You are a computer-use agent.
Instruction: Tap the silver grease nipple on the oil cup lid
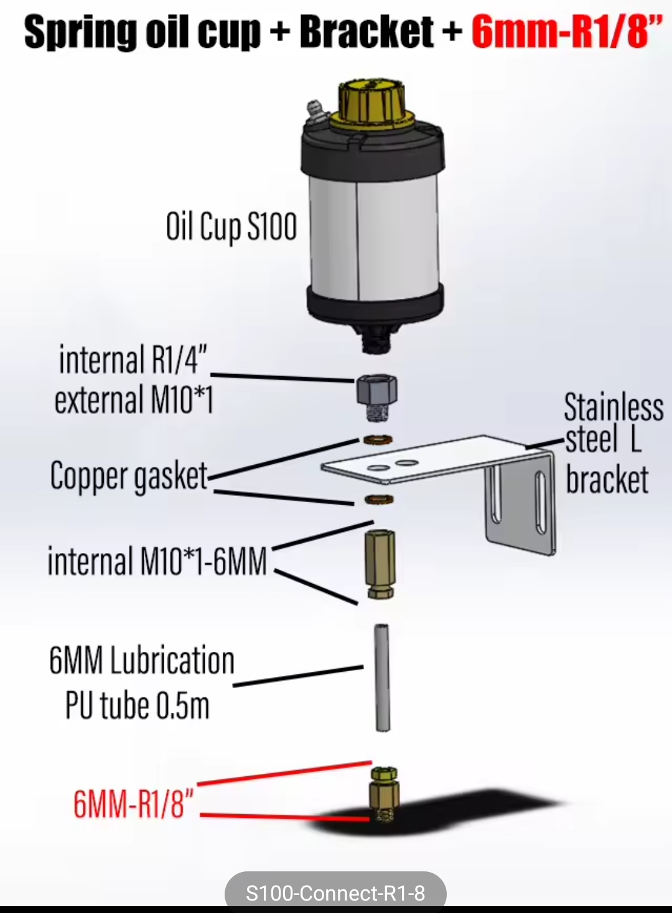(x=315, y=112)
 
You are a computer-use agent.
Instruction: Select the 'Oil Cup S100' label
(x=231, y=227)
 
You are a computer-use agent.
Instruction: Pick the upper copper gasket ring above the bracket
(x=377, y=440)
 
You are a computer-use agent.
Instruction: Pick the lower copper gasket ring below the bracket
(x=378, y=499)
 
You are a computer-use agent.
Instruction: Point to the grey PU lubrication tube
(x=382, y=677)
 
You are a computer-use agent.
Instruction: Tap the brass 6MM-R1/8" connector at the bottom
(x=383, y=796)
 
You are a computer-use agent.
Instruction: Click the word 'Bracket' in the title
(x=366, y=32)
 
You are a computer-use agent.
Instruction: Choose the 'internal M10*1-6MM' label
(x=157, y=561)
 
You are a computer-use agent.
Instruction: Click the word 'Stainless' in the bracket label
(x=614, y=408)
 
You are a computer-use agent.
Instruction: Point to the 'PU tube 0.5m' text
(x=138, y=706)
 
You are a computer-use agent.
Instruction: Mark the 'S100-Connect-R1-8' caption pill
(x=335, y=893)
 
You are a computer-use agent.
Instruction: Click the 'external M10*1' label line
(x=134, y=400)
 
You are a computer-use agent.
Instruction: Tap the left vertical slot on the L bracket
(x=496, y=494)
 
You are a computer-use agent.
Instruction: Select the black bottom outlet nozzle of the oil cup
(x=376, y=339)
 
